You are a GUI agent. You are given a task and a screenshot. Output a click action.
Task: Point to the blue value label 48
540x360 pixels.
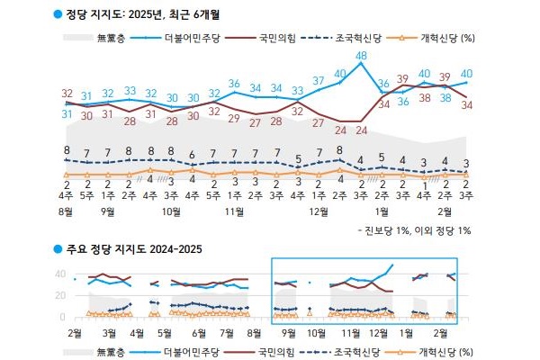click(x=362, y=56)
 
